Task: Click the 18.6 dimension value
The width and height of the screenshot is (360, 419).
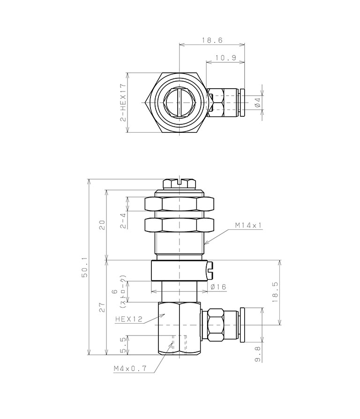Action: click(212, 40)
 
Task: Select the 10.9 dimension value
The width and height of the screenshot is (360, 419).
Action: click(226, 57)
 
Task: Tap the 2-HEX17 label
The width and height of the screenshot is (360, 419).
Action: click(123, 103)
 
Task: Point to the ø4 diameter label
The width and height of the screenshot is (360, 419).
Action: click(257, 103)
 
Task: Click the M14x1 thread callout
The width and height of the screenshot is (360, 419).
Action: click(248, 225)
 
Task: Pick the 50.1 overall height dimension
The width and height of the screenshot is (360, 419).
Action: click(85, 269)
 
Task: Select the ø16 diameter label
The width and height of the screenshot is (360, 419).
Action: click(218, 287)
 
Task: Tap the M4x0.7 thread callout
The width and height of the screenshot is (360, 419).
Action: click(130, 368)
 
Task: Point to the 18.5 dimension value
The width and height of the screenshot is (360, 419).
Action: click(275, 292)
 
